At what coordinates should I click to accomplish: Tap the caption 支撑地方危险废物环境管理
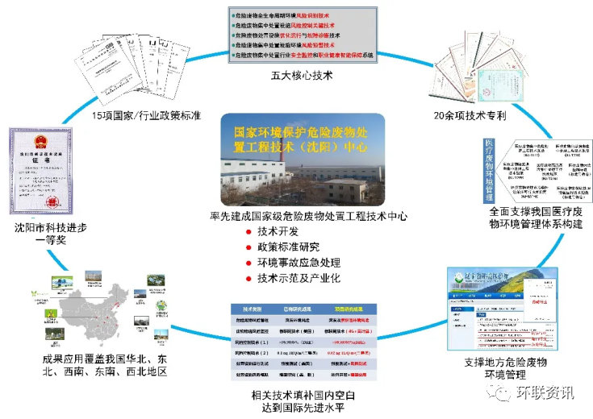[495, 369]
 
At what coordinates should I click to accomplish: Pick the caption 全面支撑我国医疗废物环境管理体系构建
[524, 218]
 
